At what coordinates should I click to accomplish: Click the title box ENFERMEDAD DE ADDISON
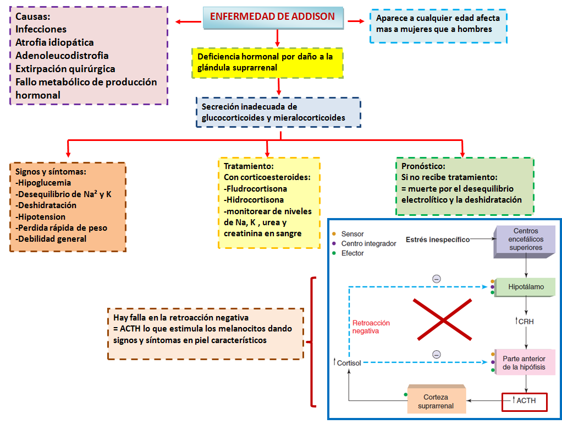click(273, 17)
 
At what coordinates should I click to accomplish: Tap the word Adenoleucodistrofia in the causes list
click(62, 56)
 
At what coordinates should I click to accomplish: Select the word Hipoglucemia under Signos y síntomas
click(43, 183)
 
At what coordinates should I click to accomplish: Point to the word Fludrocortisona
click(256, 188)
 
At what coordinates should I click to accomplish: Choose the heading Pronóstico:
click(423, 166)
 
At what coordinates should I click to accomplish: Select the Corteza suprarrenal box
click(436, 401)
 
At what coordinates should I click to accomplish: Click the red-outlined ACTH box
click(525, 401)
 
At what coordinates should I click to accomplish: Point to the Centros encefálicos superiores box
click(526, 240)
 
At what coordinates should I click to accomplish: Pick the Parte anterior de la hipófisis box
click(524, 363)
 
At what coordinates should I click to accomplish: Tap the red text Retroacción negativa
click(371, 327)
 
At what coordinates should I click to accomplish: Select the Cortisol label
click(347, 363)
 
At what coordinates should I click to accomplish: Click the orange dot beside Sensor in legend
click(334, 234)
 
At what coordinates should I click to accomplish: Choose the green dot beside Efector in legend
click(334, 253)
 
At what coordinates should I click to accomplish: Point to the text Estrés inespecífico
click(438, 240)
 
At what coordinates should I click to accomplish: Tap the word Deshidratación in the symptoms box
click(47, 205)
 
